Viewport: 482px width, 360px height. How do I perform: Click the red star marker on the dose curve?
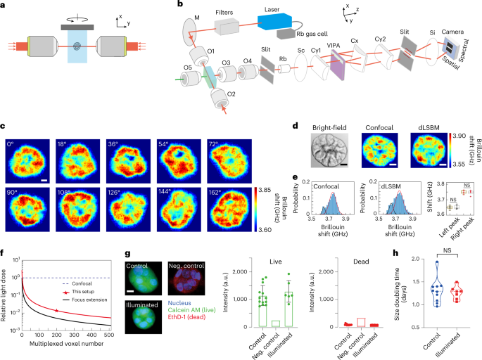56,290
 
